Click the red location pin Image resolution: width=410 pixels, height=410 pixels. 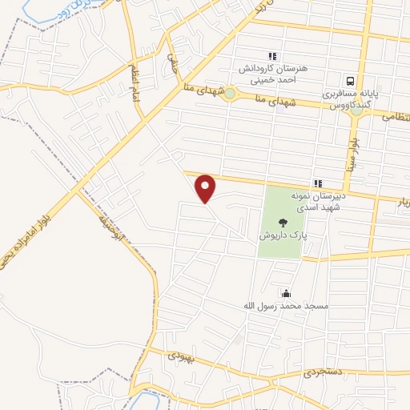tap(207, 188)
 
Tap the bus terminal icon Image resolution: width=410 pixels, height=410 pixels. tap(350, 81)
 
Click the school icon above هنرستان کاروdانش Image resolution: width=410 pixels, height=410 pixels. tap(271, 56)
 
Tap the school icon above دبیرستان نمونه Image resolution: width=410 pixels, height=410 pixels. tap(318, 183)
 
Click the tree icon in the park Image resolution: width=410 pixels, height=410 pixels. tap(281, 223)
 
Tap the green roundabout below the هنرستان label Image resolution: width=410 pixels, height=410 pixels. tap(230, 94)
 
